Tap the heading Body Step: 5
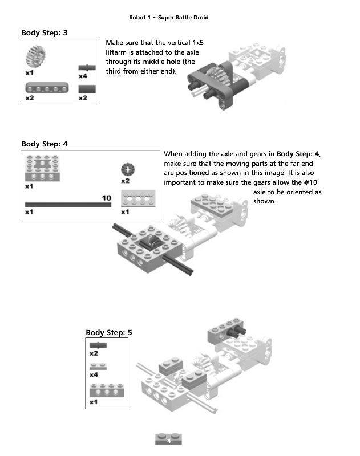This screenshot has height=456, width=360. pos(109,332)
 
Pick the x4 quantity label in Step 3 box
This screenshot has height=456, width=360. pos(83,76)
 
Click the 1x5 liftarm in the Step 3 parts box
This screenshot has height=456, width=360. pos(45,88)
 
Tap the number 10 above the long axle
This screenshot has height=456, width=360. pos(106,198)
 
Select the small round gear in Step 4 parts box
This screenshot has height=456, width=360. pos(127,169)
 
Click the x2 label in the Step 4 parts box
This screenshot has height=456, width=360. pos(126,181)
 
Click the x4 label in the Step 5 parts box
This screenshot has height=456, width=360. pos(94,375)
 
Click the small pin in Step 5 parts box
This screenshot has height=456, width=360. pos(98,345)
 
